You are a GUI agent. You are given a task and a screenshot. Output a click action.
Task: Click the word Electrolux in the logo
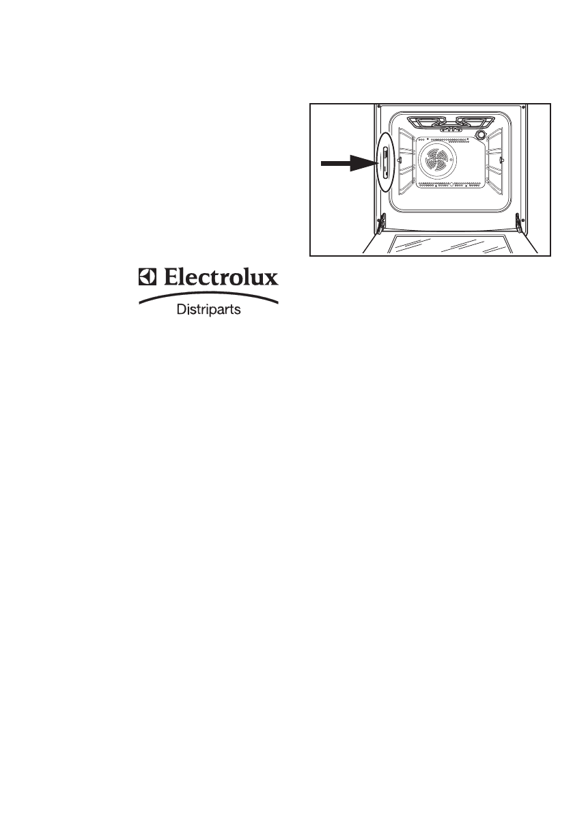pos(218,279)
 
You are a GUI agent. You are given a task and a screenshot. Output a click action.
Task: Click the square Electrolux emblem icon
pos(147,279)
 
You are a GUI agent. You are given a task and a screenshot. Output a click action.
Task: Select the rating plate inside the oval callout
pos(384,162)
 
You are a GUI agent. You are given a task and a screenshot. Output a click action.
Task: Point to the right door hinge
pos(518,221)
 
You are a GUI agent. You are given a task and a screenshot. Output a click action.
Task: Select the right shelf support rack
pos(495,160)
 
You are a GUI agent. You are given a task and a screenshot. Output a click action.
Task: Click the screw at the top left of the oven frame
pos(379,106)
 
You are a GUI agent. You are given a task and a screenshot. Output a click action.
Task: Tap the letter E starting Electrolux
pos(167,279)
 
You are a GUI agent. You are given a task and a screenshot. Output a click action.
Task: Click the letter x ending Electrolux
pos(271,281)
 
